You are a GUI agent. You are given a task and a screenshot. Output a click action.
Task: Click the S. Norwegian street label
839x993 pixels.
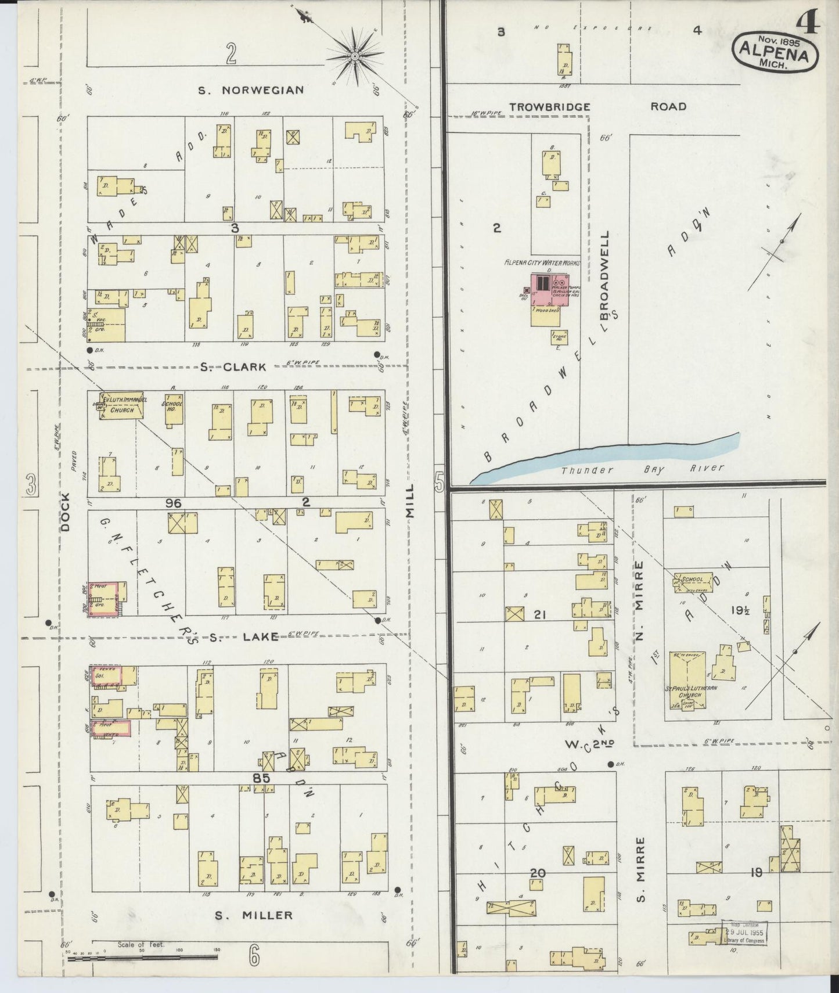(251, 90)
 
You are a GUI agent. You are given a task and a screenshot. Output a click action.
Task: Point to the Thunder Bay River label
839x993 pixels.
(642, 469)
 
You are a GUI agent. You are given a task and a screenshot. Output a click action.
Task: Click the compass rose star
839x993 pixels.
(355, 56)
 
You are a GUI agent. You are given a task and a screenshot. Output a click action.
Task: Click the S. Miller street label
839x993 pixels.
(254, 915)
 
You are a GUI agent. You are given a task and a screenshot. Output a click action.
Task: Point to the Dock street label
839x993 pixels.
(65, 512)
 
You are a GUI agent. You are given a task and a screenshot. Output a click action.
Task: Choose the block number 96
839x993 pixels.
(173, 503)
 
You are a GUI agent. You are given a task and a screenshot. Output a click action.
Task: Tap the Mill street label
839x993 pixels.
(411, 501)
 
